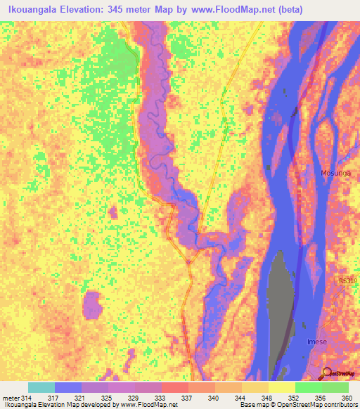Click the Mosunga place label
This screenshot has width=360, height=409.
(x=334, y=172)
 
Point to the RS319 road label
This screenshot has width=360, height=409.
(x=347, y=281)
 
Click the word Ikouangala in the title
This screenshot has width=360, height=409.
(x=34, y=8)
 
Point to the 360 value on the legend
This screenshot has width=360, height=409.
(x=346, y=397)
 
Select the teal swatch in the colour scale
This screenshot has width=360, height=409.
(x=41, y=387)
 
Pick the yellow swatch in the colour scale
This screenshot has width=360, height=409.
(x=282, y=387)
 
